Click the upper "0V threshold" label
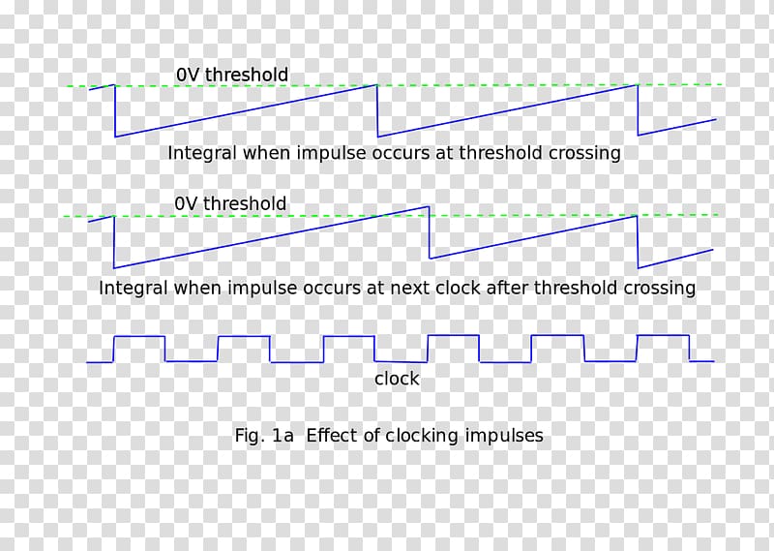pos(231,75)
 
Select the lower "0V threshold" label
pos(230,203)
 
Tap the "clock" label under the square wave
pos(397,379)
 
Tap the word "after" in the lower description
pos(557,288)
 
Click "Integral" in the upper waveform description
pos(202,153)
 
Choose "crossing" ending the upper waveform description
pos(583,153)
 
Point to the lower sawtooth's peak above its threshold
pos(426,208)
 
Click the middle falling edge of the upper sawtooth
pos(378,110)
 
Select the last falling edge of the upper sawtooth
pos(638,110)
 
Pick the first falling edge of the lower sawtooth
pos(114,241)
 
